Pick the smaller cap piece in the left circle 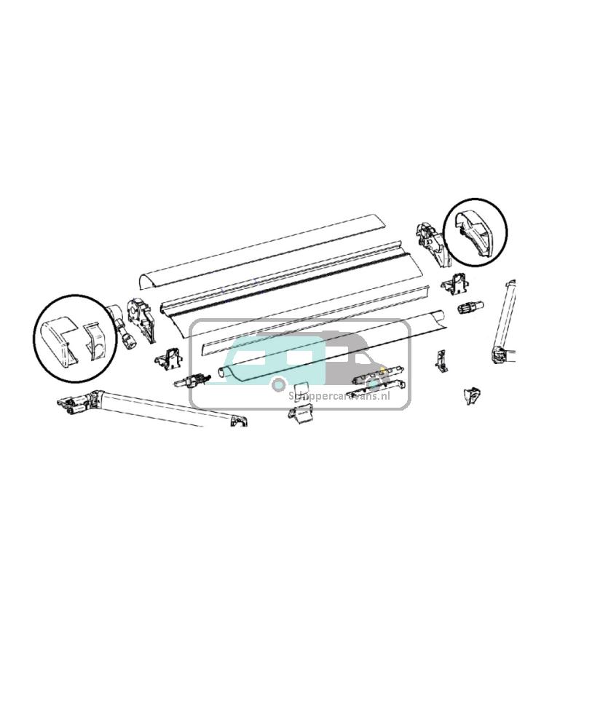(98, 341)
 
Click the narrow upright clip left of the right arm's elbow (441, 360)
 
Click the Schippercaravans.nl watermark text (339, 396)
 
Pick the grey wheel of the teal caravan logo (278, 384)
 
